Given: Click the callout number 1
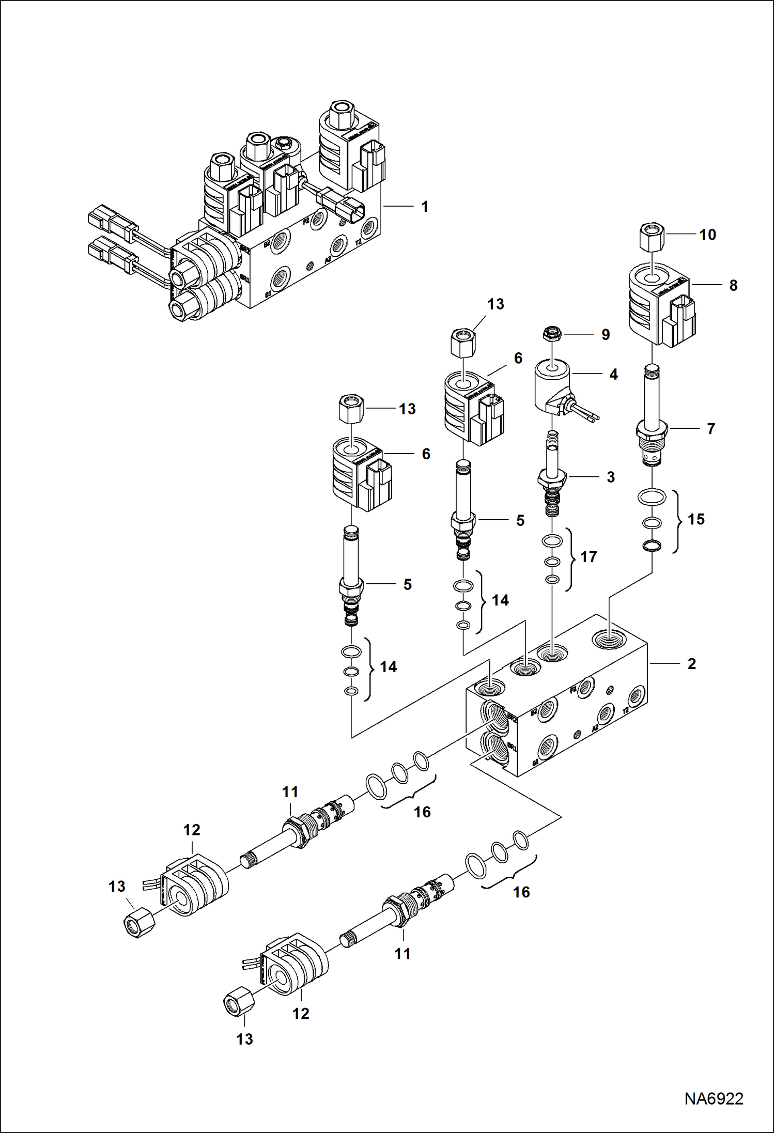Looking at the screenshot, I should click(x=424, y=207).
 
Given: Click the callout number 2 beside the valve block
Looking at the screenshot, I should click(x=691, y=664).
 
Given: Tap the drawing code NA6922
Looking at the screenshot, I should click(x=714, y=1098).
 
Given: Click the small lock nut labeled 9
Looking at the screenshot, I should click(x=552, y=334).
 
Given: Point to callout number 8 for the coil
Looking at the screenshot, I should click(x=733, y=285).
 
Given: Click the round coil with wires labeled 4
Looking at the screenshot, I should click(x=552, y=386).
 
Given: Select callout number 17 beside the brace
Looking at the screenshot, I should click(x=588, y=557).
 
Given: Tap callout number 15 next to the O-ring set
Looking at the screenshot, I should click(x=695, y=519).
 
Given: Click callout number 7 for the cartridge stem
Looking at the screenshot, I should click(x=710, y=429).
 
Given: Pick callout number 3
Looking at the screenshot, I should click(x=610, y=477).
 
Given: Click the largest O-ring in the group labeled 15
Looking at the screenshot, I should click(x=652, y=498).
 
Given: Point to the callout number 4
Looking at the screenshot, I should click(x=613, y=375).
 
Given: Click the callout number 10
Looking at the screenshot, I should click(x=707, y=235).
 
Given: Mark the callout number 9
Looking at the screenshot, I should click(x=606, y=335).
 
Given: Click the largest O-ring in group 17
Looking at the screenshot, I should click(x=552, y=541).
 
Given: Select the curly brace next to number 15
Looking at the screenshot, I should click(x=677, y=521).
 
